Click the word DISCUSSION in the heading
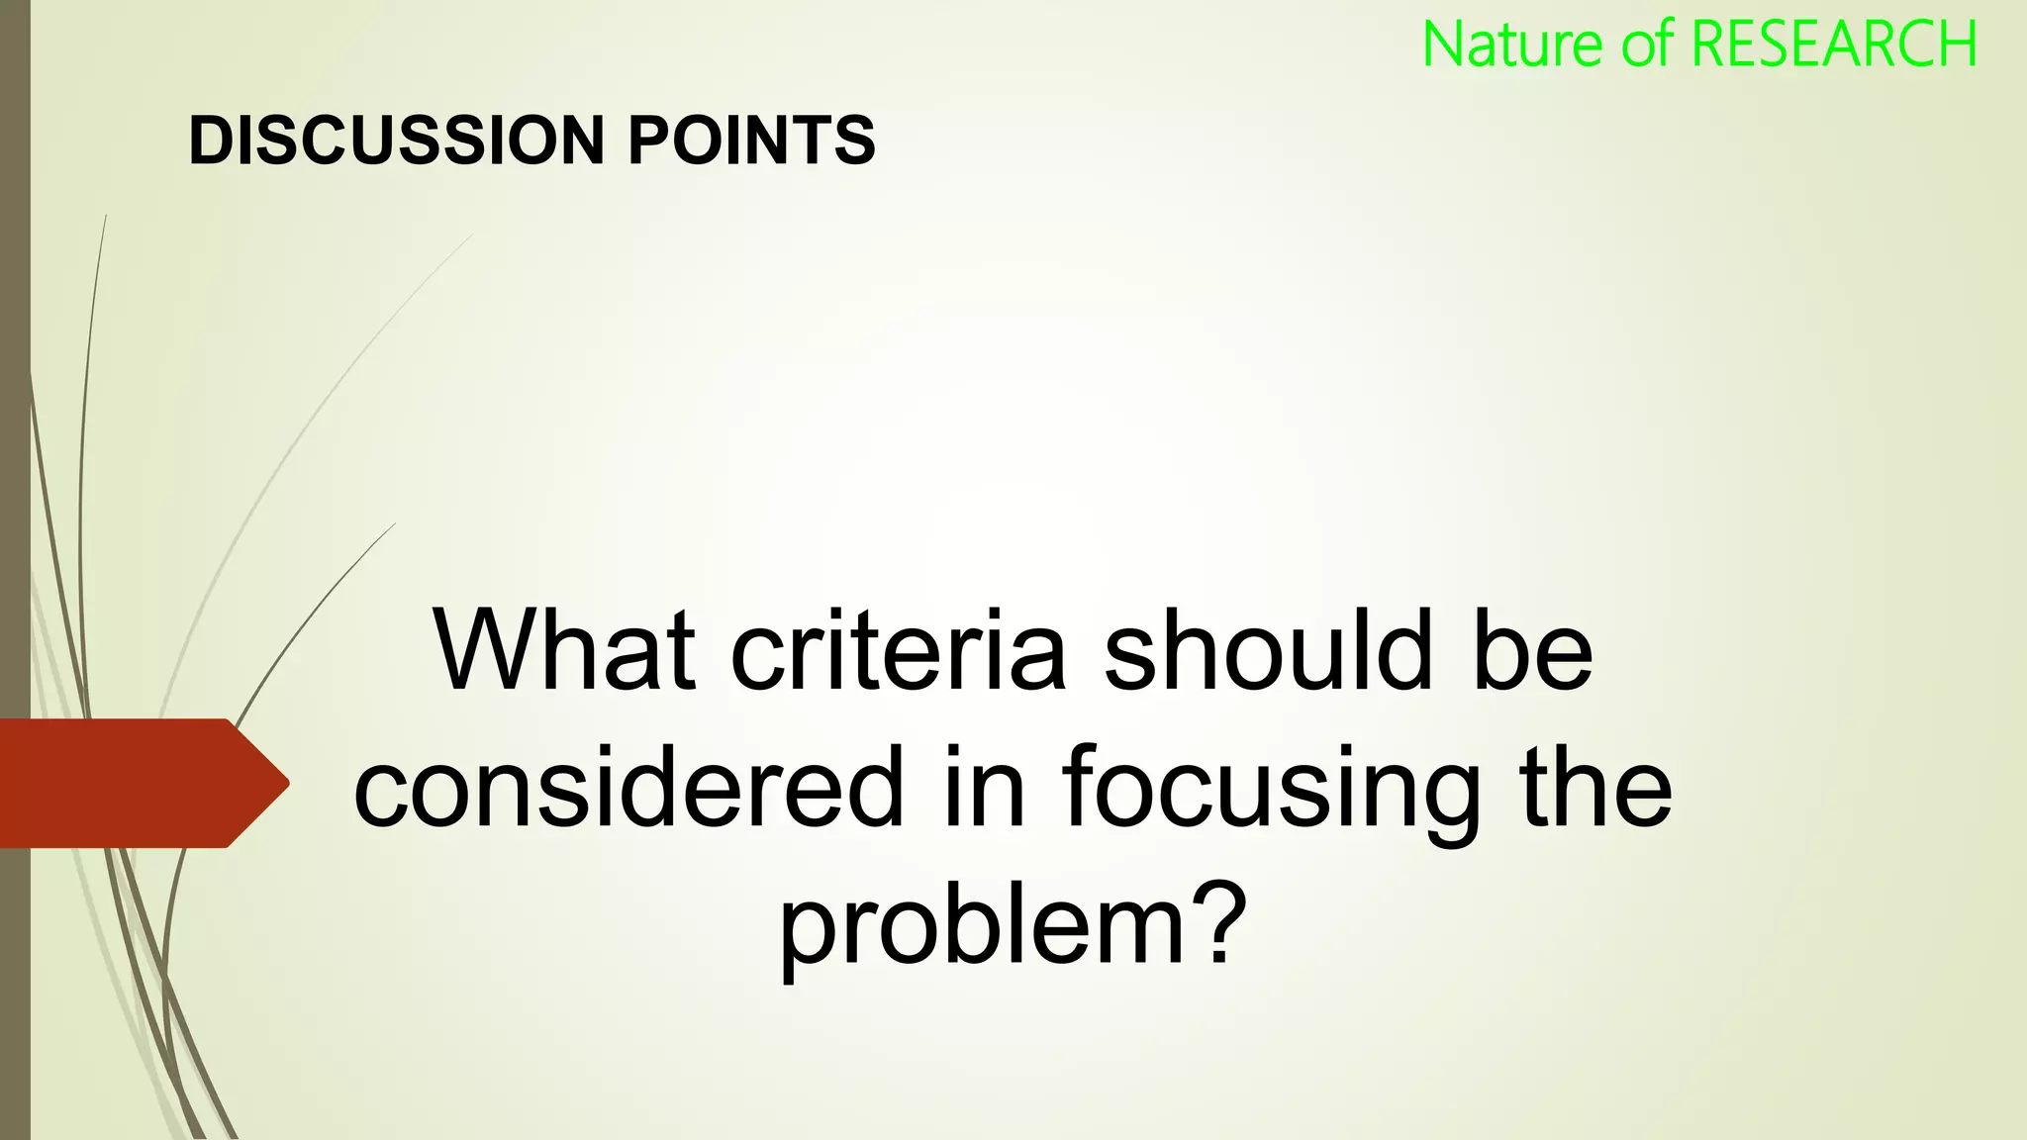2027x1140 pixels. [x=395, y=141]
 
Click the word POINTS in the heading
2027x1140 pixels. [x=752, y=141]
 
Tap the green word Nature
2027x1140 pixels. [x=1514, y=46]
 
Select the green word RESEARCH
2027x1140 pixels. [x=1833, y=46]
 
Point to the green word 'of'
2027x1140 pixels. [x=1647, y=46]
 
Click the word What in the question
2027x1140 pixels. [x=563, y=651]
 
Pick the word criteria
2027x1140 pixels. [x=898, y=651]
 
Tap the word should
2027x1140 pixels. [x=1268, y=651]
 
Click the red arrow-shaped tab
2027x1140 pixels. [x=129, y=783]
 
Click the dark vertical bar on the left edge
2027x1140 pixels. [x=15, y=396]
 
